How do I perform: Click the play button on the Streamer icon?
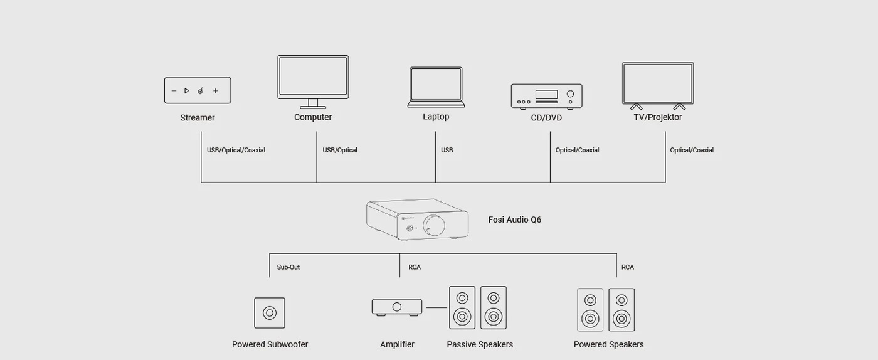pyautogui.click(x=187, y=91)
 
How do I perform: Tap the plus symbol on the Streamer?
pyautogui.click(x=216, y=91)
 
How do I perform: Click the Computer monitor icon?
pyautogui.click(x=313, y=82)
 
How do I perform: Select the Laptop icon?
pyautogui.click(x=436, y=87)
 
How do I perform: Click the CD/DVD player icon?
pyautogui.click(x=546, y=97)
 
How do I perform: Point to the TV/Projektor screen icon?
pyautogui.click(x=658, y=86)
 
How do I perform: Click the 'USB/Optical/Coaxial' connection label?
pyautogui.click(x=236, y=150)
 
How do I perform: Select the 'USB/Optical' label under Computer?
pyautogui.click(x=340, y=150)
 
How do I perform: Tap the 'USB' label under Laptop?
pyautogui.click(x=447, y=150)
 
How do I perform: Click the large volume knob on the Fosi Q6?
pyautogui.click(x=434, y=226)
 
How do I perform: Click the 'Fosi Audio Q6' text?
pyautogui.click(x=515, y=220)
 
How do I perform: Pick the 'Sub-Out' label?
pyautogui.click(x=288, y=267)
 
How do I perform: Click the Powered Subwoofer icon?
pyautogui.click(x=270, y=313)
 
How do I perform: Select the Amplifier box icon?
pyautogui.click(x=397, y=307)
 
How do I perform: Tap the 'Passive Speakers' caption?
pyautogui.click(x=480, y=344)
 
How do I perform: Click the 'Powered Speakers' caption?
pyautogui.click(x=609, y=344)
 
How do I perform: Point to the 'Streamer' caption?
pyautogui.click(x=198, y=118)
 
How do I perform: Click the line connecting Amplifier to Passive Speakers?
pyautogui.click(x=436, y=307)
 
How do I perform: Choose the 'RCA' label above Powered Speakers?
pyautogui.click(x=628, y=267)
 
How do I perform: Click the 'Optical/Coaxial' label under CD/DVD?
pyautogui.click(x=578, y=150)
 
